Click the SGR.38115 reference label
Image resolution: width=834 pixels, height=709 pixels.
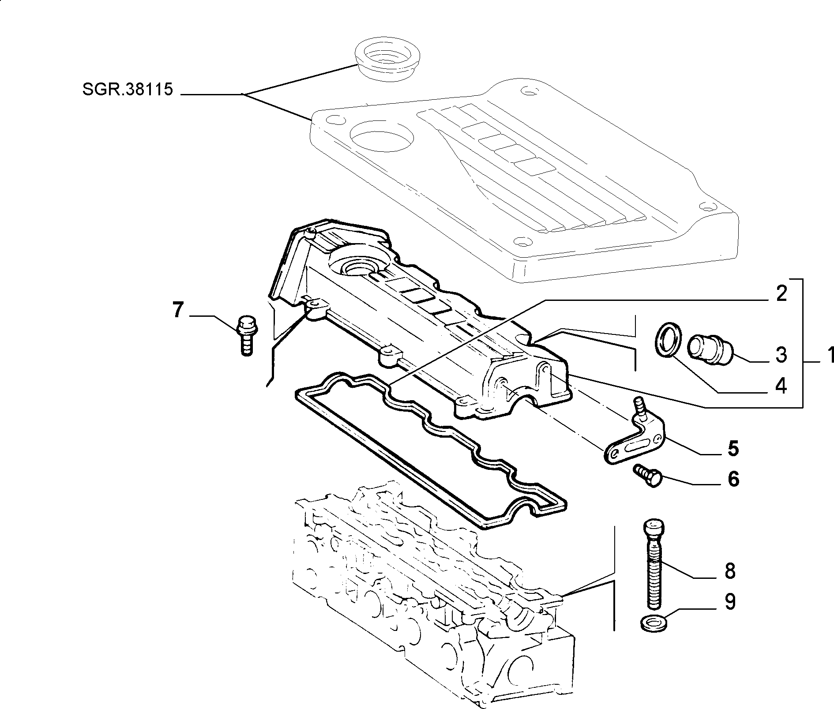[x=128, y=90]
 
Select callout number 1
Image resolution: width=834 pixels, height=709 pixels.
[x=827, y=356]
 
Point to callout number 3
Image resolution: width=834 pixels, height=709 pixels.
[x=781, y=355]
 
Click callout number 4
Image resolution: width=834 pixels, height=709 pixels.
[x=781, y=386]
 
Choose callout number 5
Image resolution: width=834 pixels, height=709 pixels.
[x=733, y=448]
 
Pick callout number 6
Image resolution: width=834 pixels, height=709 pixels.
[x=733, y=479]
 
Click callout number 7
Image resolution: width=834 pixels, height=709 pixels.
[x=177, y=311]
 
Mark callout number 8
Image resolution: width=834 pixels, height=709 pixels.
[x=730, y=571]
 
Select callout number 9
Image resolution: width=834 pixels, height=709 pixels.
[x=730, y=602]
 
